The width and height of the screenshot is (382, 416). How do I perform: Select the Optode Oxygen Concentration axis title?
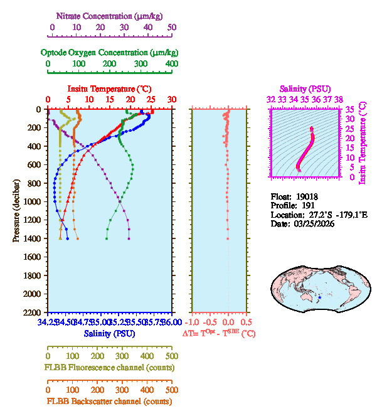109,52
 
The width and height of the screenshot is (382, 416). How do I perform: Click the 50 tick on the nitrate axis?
172,28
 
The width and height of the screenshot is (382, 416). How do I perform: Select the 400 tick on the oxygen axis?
171,64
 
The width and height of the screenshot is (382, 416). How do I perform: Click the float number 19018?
307,196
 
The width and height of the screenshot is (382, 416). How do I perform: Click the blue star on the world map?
320,297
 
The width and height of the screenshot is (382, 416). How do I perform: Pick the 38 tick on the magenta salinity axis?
339,99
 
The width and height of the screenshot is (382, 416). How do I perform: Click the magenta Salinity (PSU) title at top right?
304,89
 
